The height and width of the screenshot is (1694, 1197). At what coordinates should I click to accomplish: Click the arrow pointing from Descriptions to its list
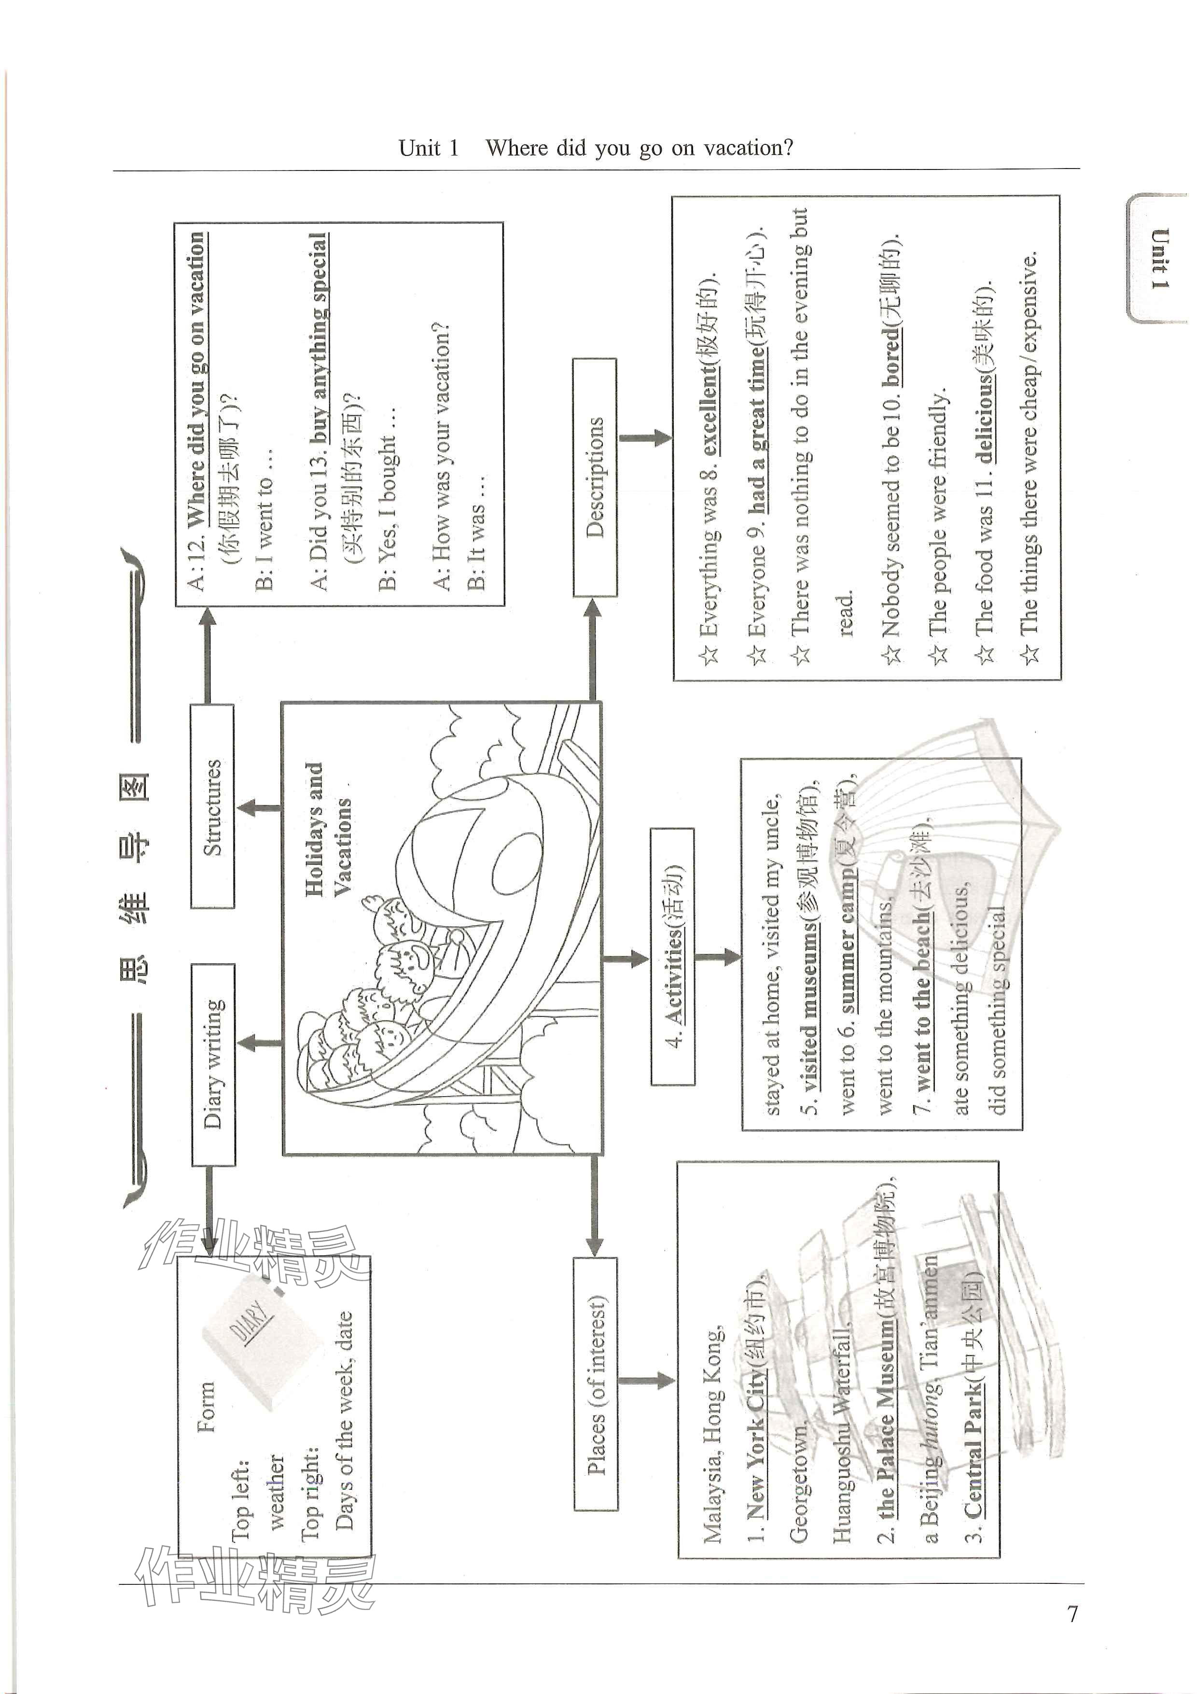tap(645, 438)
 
